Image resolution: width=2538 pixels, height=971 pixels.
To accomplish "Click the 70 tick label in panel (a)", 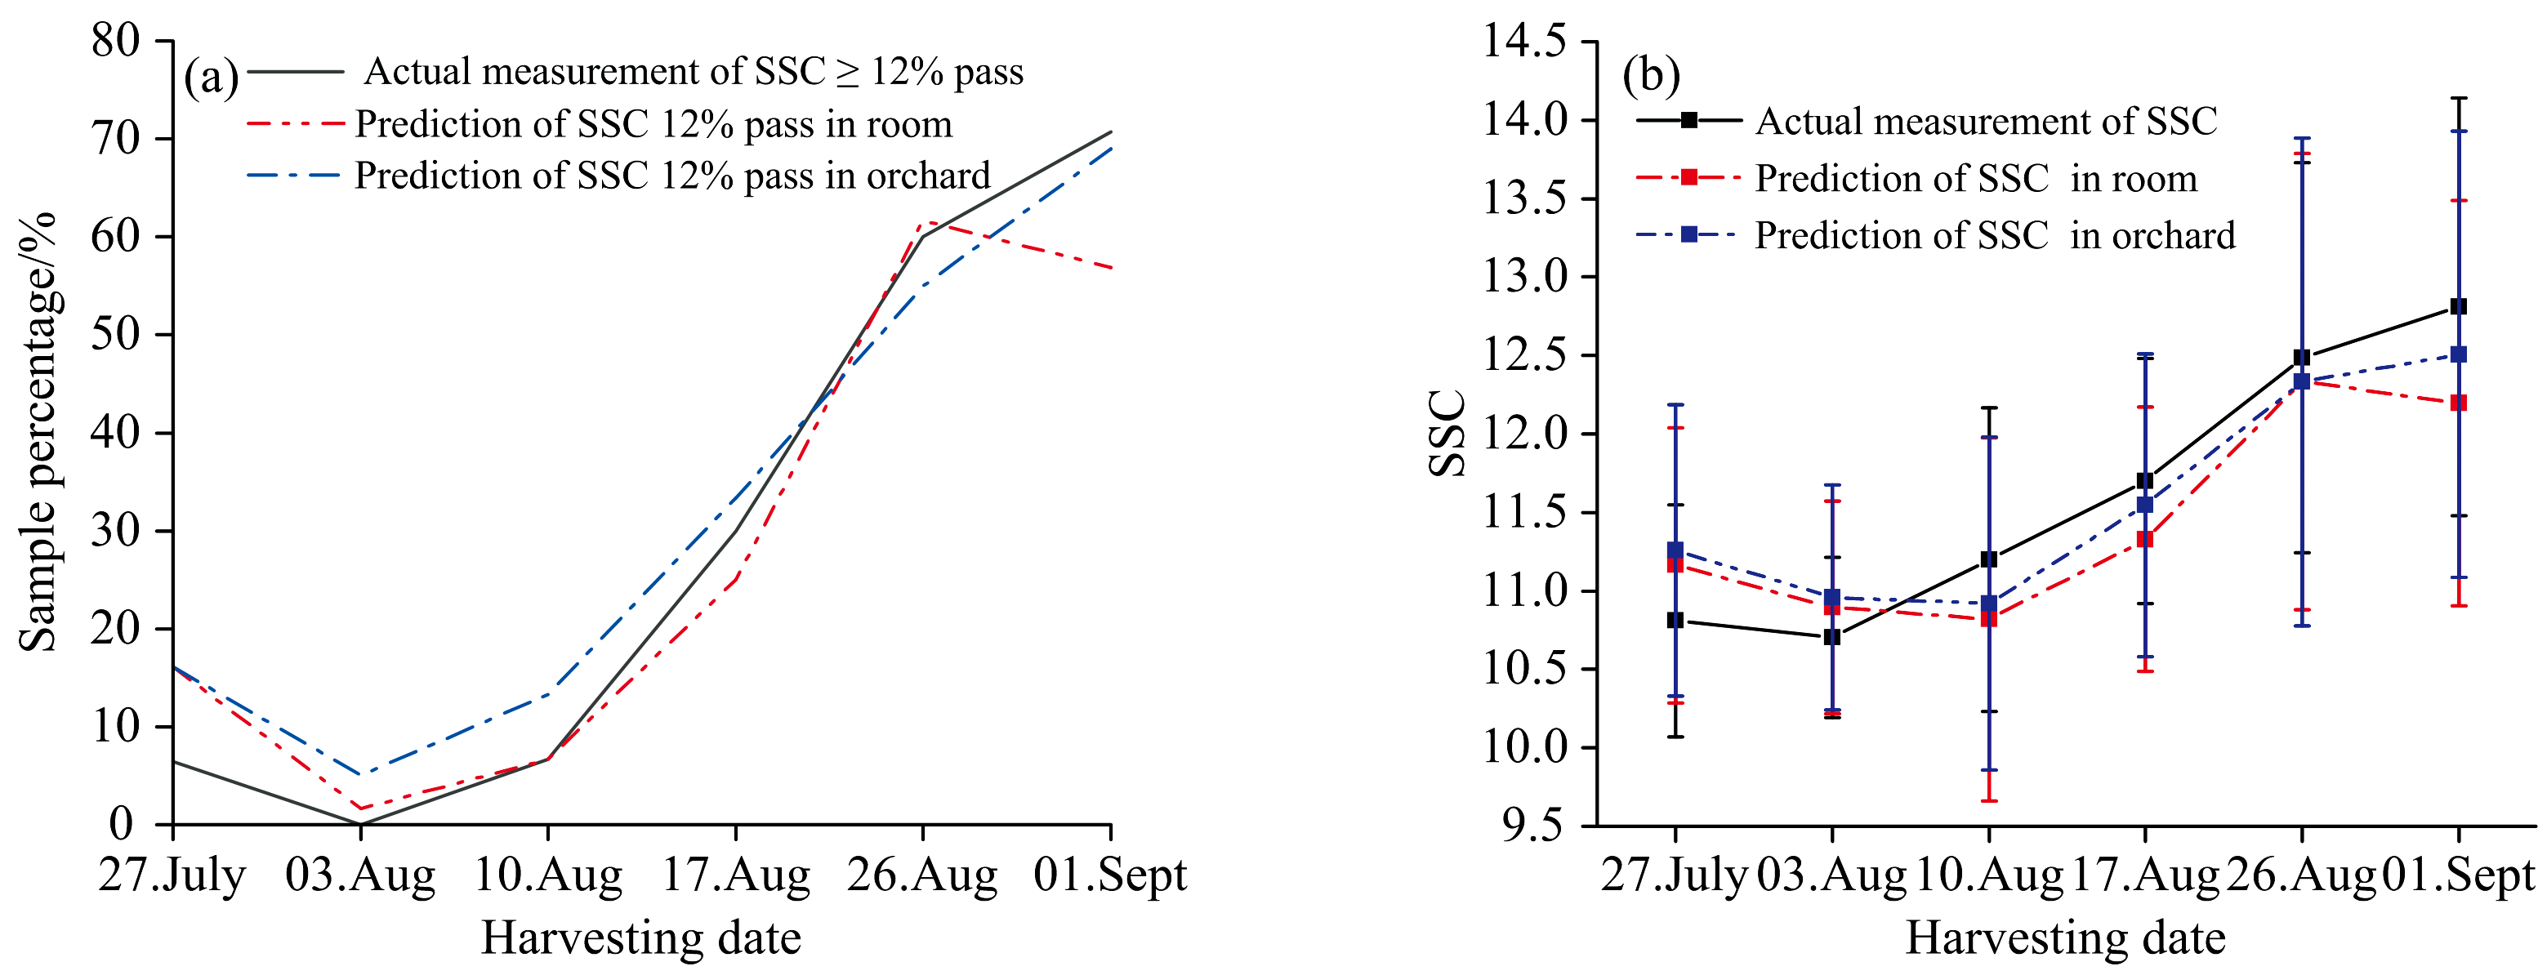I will (x=116, y=138).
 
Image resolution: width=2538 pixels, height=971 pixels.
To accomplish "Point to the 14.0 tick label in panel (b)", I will (x=1525, y=120).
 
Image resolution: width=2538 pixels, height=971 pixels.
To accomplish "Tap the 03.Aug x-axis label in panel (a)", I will (x=359, y=875).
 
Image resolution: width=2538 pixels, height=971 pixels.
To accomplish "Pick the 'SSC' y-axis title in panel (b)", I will (x=1447, y=434).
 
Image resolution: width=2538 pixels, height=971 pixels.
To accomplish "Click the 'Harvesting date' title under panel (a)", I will (x=640, y=938).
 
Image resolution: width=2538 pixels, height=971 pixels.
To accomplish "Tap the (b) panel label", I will (x=1651, y=75).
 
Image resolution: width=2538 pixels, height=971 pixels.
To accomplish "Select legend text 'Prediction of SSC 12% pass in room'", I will (x=653, y=124).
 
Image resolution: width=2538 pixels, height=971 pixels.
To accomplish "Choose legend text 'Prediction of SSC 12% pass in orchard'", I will (x=672, y=176).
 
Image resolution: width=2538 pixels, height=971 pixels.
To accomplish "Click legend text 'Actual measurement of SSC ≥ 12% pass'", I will (x=694, y=71).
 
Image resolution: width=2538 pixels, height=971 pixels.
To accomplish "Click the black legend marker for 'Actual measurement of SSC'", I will (x=1688, y=120).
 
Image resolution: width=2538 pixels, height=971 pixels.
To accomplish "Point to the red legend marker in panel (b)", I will (x=1688, y=177).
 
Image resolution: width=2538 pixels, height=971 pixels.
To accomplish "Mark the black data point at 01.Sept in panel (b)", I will (x=2458, y=306).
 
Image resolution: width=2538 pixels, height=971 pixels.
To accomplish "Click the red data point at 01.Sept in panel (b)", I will (x=2458, y=403).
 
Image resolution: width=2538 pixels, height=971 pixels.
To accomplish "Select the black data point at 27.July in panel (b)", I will (x=1675, y=621).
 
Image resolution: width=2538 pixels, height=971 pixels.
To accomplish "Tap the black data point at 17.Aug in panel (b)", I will (x=2145, y=480).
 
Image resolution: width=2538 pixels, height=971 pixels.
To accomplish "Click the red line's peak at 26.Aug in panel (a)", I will (x=923, y=224).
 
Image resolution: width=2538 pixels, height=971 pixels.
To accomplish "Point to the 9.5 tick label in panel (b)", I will (x=1533, y=826).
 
